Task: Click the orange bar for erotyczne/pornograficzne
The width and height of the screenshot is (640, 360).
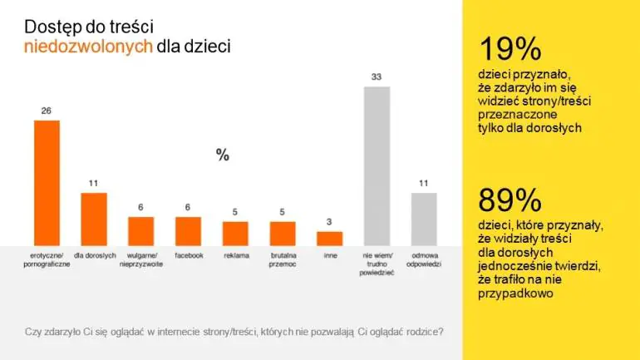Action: click(x=47, y=183)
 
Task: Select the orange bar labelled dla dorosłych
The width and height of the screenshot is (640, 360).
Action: click(x=94, y=219)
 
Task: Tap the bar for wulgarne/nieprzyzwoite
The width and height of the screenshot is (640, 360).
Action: click(x=140, y=231)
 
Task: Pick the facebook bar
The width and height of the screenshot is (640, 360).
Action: click(x=188, y=231)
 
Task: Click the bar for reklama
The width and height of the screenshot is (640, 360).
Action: click(x=235, y=234)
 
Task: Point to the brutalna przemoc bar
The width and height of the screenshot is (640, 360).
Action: click(x=283, y=234)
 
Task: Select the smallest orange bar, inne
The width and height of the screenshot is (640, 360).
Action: click(x=330, y=239)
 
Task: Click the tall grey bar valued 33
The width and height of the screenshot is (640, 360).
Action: click(x=377, y=166)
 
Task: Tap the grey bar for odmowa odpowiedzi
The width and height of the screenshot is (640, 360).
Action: click(x=424, y=219)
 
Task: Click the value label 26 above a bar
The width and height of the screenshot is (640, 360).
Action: click(x=46, y=111)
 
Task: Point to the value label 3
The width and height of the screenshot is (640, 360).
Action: click(x=329, y=222)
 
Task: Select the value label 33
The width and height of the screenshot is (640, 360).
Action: click(x=377, y=76)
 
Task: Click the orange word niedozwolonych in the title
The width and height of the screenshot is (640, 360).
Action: click(x=88, y=46)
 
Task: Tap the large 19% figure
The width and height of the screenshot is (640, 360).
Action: click(x=510, y=48)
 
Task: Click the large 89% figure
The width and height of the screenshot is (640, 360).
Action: click(x=510, y=200)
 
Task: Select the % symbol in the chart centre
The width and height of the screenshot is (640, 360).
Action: click(x=223, y=155)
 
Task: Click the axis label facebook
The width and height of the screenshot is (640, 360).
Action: click(x=189, y=255)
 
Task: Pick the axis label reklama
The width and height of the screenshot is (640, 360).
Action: click(x=236, y=255)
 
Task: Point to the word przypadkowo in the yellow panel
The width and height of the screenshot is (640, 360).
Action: click(x=515, y=293)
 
